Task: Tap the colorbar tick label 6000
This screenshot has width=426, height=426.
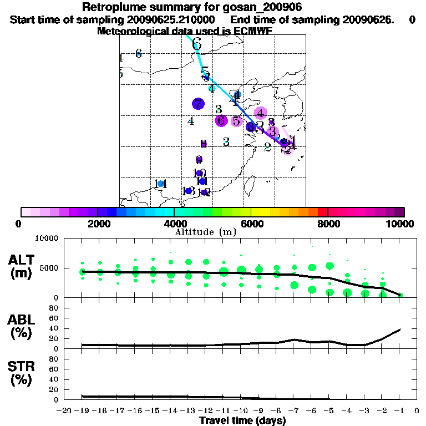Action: pos(251,224)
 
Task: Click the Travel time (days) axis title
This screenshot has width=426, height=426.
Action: pos(242,421)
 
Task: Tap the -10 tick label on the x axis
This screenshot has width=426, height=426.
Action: pos(241,411)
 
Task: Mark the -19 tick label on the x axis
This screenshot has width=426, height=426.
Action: pos(82,411)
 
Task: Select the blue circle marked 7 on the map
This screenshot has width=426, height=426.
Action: pos(198,104)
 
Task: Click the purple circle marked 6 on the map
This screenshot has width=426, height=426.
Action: pos(221,120)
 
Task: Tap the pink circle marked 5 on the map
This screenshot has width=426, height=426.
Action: pos(237,121)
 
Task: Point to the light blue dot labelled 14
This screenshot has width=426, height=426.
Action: pos(160,184)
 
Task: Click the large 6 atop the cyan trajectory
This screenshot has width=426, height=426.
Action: pos(196,44)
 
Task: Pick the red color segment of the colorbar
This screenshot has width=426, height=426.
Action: pos(322,212)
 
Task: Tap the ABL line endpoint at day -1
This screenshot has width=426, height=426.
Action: pos(400,329)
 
